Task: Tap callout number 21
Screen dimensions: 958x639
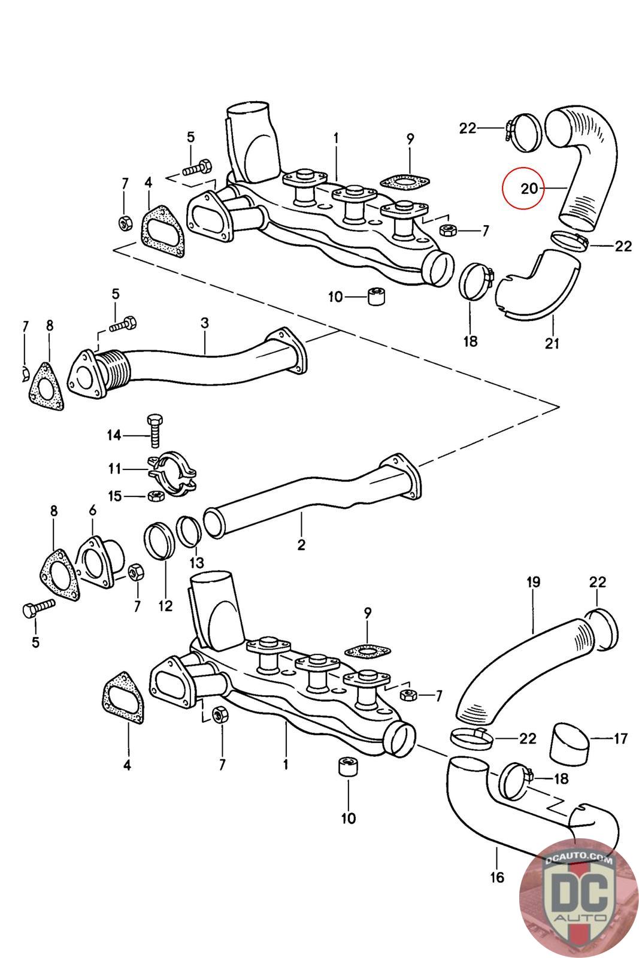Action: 552,344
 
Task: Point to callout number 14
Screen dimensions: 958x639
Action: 114,435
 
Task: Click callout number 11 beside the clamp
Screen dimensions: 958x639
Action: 114,469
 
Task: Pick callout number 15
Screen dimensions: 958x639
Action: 114,496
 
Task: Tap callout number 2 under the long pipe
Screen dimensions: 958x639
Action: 301,545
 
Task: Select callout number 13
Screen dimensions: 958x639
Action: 196,563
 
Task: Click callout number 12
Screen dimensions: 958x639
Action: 165,606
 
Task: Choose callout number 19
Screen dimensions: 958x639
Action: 533,581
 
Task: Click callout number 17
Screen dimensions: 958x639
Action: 620,739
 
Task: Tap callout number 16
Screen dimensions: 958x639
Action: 497,878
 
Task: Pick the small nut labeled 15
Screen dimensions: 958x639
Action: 153,496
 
